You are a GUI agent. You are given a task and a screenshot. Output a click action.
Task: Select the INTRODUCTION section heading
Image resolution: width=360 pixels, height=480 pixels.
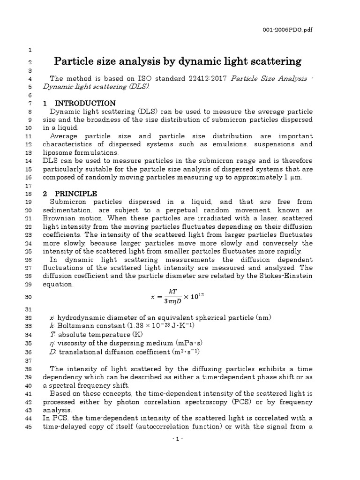(85, 103)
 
